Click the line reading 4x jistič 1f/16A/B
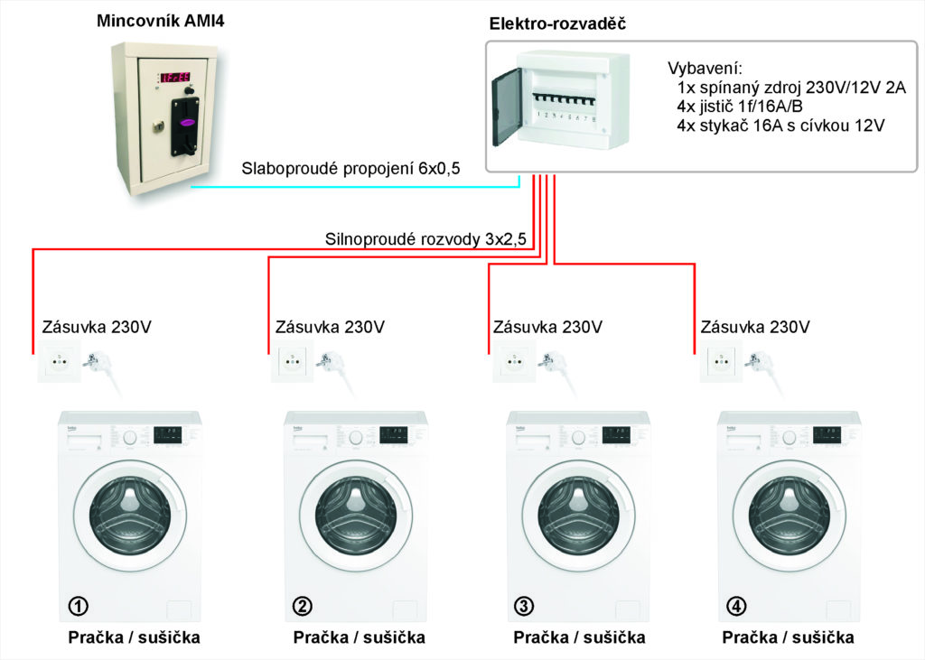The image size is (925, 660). click(x=739, y=107)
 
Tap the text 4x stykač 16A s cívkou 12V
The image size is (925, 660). click(x=780, y=125)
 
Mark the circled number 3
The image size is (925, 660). click(x=522, y=604)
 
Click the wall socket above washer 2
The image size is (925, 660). click(x=292, y=366)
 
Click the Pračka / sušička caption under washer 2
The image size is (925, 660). click(x=359, y=637)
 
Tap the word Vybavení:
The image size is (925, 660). click(x=705, y=69)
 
